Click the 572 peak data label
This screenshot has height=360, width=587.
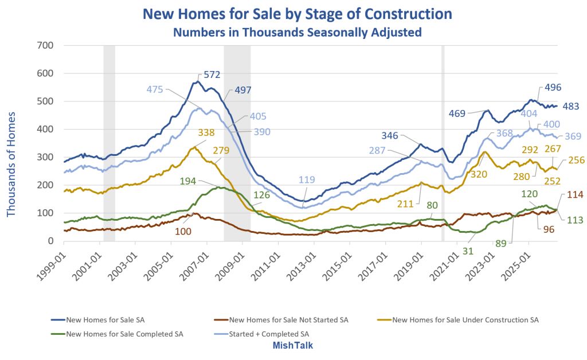point(212,75)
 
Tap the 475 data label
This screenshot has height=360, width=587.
point(155,89)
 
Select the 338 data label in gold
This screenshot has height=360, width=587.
point(206,132)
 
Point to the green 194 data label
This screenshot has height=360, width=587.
point(188,181)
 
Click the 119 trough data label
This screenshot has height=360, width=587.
point(307,179)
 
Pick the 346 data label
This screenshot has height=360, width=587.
point(390,135)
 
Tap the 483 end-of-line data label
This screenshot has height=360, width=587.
point(571,106)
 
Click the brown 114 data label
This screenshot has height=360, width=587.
point(575,194)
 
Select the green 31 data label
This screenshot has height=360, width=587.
point(468,251)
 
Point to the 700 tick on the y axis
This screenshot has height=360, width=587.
point(45,45)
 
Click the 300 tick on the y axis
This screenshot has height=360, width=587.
point(45,157)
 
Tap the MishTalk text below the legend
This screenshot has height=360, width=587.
point(293,345)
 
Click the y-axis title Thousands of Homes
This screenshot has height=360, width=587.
point(11,164)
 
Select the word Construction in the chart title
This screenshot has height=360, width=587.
point(408,14)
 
